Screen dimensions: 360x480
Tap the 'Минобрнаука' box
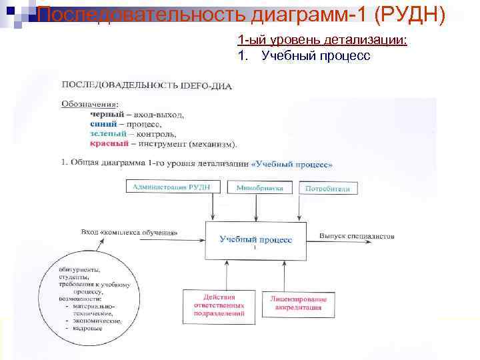point(260,188)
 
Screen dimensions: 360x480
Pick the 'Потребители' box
point(327,189)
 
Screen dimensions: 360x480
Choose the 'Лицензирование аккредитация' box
point(296,303)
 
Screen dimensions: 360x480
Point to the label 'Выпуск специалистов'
point(357,235)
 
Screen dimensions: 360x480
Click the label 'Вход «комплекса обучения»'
point(129,233)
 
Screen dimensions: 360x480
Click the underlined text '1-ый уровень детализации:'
point(322,41)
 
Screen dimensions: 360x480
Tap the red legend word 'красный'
point(108,143)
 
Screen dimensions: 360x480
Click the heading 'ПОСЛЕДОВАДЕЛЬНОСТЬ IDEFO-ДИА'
point(147,85)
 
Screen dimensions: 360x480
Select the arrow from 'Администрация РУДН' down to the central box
point(212,207)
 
